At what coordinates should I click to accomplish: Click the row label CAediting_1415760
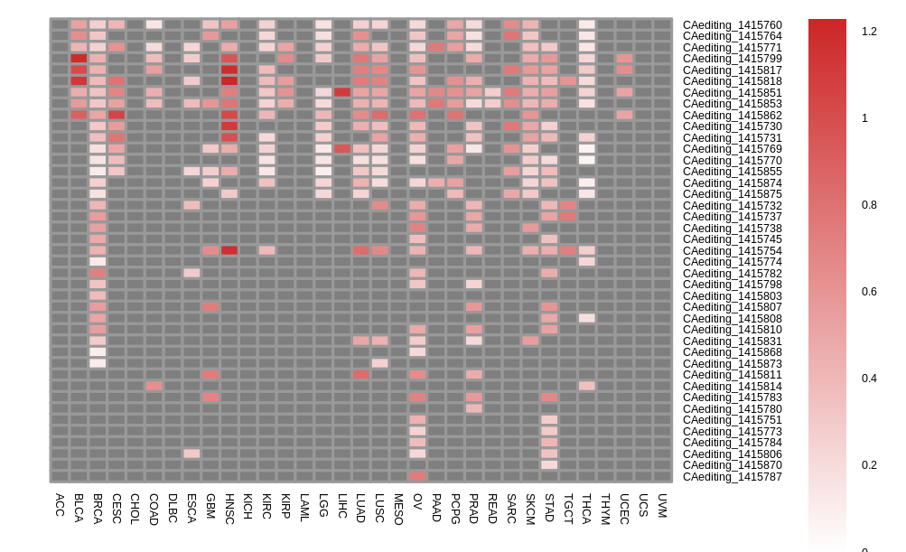pos(732,24)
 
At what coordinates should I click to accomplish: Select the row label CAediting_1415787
pos(732,476)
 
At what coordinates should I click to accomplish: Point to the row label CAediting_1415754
pos(732,250)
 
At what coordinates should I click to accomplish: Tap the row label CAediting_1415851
pos(732,92)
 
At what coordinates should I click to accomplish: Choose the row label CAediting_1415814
pos(732,386)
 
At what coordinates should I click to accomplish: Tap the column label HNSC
pos(229,509)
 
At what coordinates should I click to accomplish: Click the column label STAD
pos(549,508)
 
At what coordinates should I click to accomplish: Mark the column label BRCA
pos(98,509)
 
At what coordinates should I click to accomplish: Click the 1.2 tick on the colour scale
pos(869,32)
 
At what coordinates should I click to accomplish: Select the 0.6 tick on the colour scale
pos(869,292)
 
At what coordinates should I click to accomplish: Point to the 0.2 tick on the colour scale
pos(869,465)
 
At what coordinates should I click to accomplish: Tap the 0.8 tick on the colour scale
pos(869,205)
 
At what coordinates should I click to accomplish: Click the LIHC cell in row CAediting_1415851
pos(342,92)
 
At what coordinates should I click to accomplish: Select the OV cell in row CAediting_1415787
pos(417,476)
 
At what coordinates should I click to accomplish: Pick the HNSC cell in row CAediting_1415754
pos(229,250)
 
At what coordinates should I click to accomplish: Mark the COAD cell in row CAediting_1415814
pos(154,386)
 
